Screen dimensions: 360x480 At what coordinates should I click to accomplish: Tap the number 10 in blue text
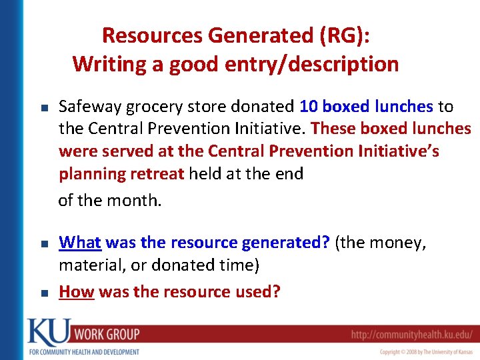(309, 107)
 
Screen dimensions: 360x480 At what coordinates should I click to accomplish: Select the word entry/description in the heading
(323, 65)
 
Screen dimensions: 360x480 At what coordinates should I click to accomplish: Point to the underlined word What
(79, 243)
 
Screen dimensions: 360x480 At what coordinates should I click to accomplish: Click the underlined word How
(76, 291)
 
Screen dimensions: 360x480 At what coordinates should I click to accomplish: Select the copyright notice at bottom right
(427, 351)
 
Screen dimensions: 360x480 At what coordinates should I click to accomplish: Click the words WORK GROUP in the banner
(106, 334)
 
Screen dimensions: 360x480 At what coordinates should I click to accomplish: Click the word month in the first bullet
(135, 200)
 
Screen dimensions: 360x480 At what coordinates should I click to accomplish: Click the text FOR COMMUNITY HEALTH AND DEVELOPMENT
(83, 351)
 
